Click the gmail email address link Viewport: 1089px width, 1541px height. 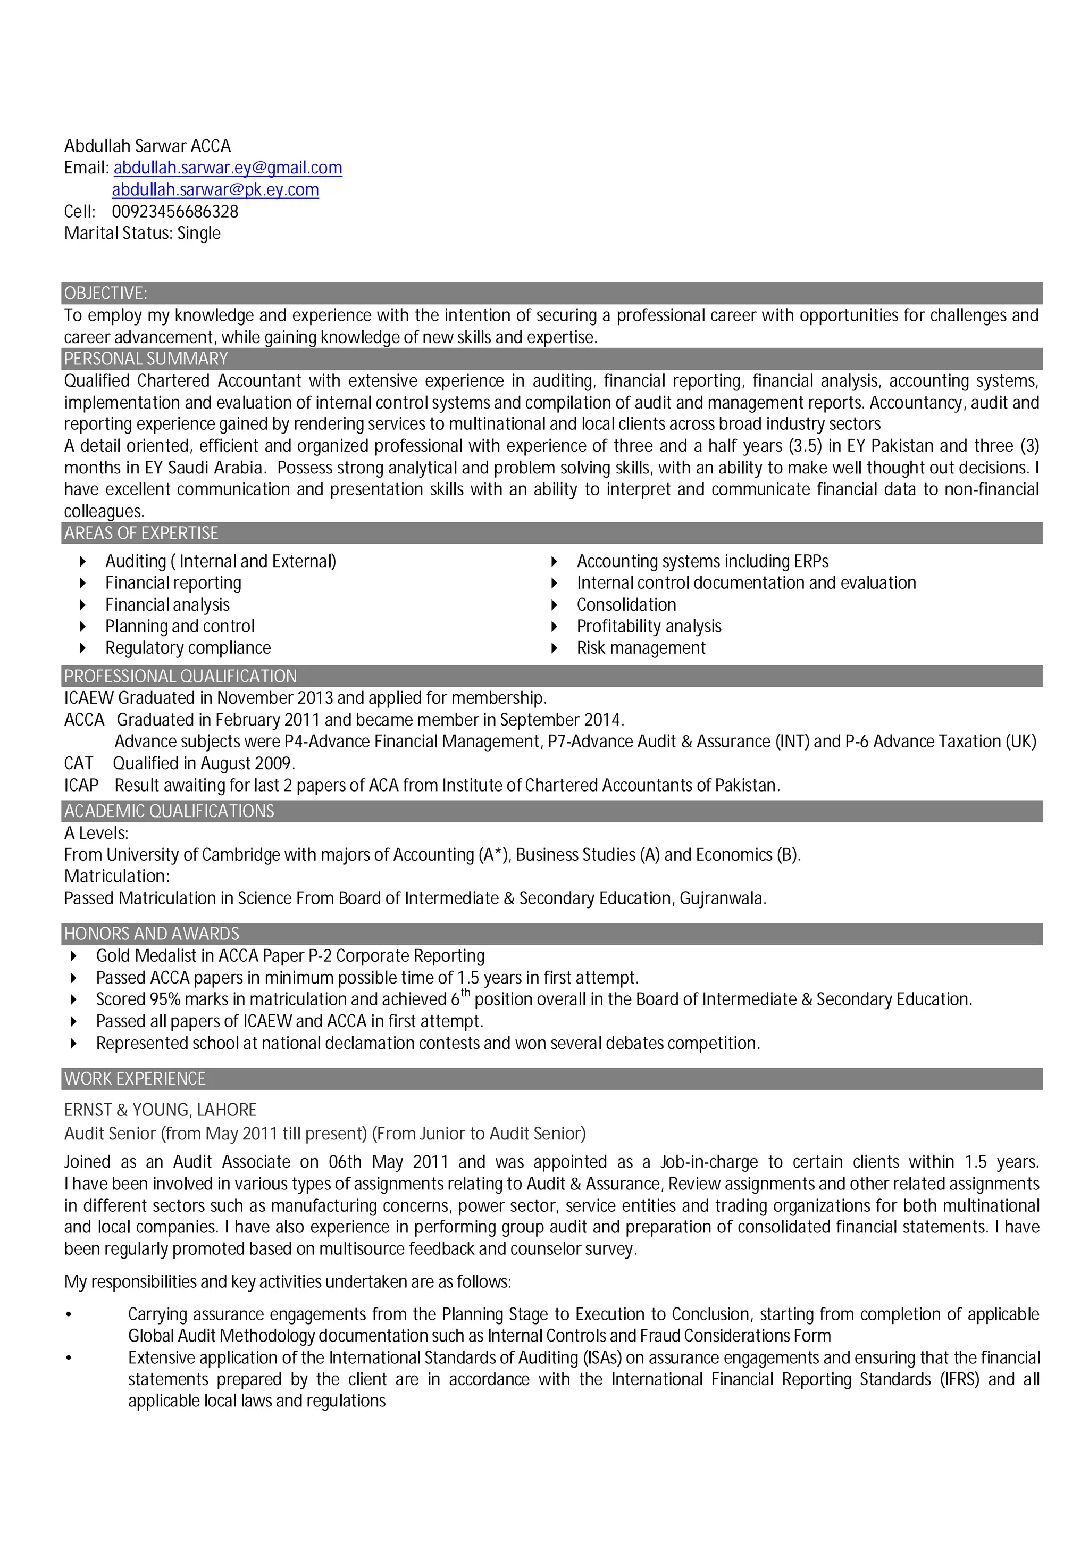pos(228,168)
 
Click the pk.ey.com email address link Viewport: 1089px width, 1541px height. pos(215,190)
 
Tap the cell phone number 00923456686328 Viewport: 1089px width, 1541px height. pos(174,211)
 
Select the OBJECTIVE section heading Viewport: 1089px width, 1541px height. pos(105,293)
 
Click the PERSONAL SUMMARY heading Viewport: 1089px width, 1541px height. pos(146,359)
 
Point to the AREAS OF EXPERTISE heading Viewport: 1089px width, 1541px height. pos(141,533)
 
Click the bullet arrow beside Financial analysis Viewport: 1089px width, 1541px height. pos(82,605)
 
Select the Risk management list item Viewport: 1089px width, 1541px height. pos(640,648)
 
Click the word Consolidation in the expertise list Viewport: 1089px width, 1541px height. pos(625,605)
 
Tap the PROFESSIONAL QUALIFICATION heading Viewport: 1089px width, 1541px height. pos(180,676)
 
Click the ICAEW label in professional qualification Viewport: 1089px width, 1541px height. pos(89,698)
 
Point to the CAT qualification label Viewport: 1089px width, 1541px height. pos(79,764)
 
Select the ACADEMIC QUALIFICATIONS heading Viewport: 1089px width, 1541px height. pos(169,811)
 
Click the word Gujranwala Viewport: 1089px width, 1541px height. pos(722,898)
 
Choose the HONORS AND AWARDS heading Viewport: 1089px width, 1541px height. pos(151,934)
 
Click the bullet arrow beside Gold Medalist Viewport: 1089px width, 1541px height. pos(74,956)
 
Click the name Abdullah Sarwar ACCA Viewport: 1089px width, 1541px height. pos(147,146)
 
